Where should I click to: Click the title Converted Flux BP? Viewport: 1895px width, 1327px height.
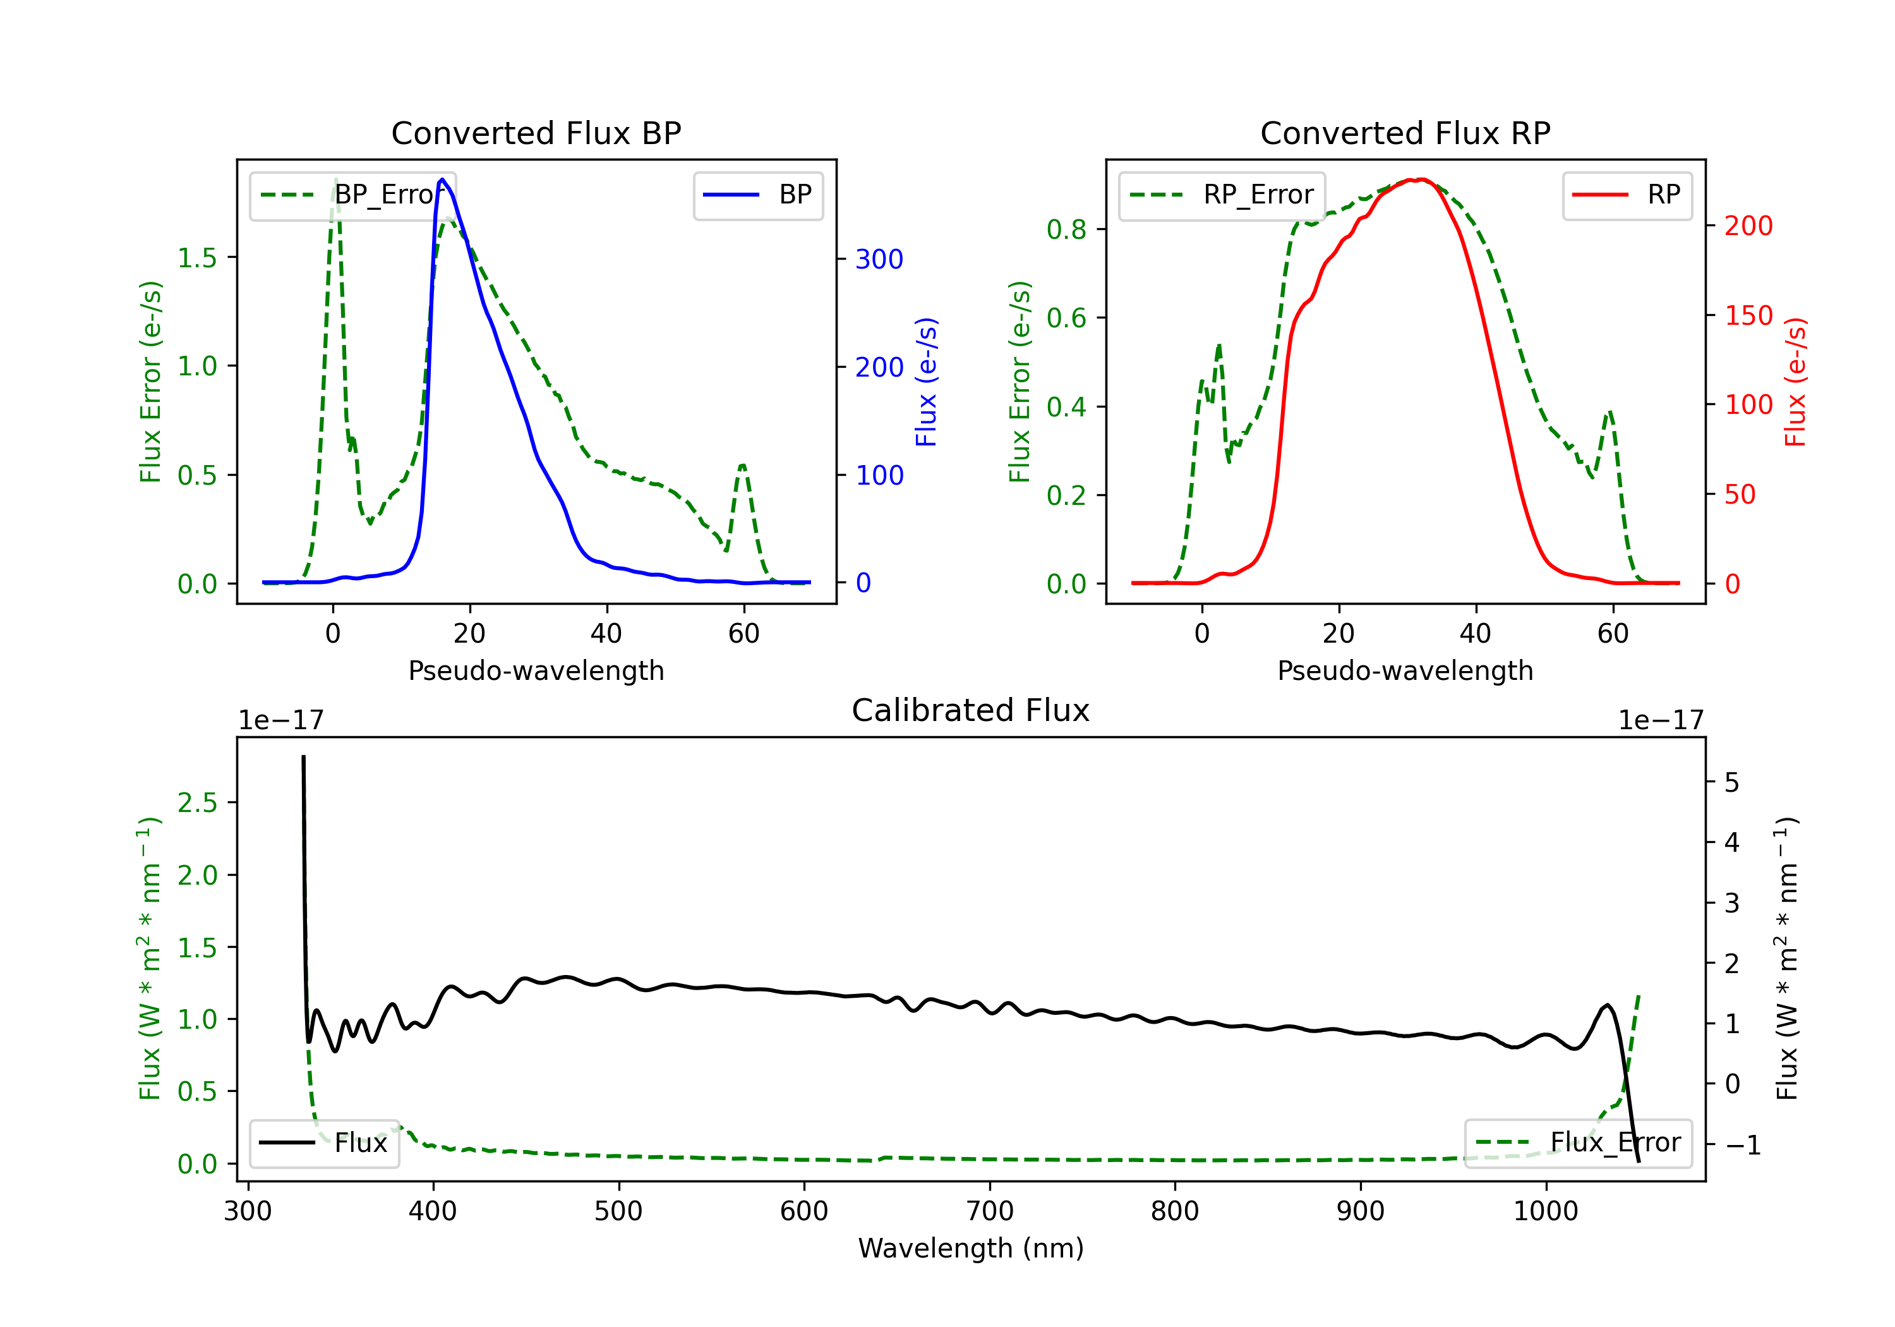[x=536, y=133]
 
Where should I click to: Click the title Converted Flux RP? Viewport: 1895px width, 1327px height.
[x=1405, y=133]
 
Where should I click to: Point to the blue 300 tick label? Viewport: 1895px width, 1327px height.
[x=879, y=259]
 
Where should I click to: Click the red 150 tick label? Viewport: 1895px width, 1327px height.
[x=1748, y=315]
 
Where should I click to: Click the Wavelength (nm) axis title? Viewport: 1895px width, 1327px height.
[x=971, y=1249]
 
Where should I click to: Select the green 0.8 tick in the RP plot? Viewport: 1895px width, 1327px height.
[x=1066, y=229]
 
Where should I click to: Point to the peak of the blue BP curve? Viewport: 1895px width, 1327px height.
[x=442, y=179]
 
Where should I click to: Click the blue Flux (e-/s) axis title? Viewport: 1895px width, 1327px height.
[x=926, y=382]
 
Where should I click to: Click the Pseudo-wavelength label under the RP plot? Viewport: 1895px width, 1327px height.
[x=1405, y=670]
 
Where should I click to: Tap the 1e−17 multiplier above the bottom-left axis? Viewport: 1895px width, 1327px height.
[x=280, y=721]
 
